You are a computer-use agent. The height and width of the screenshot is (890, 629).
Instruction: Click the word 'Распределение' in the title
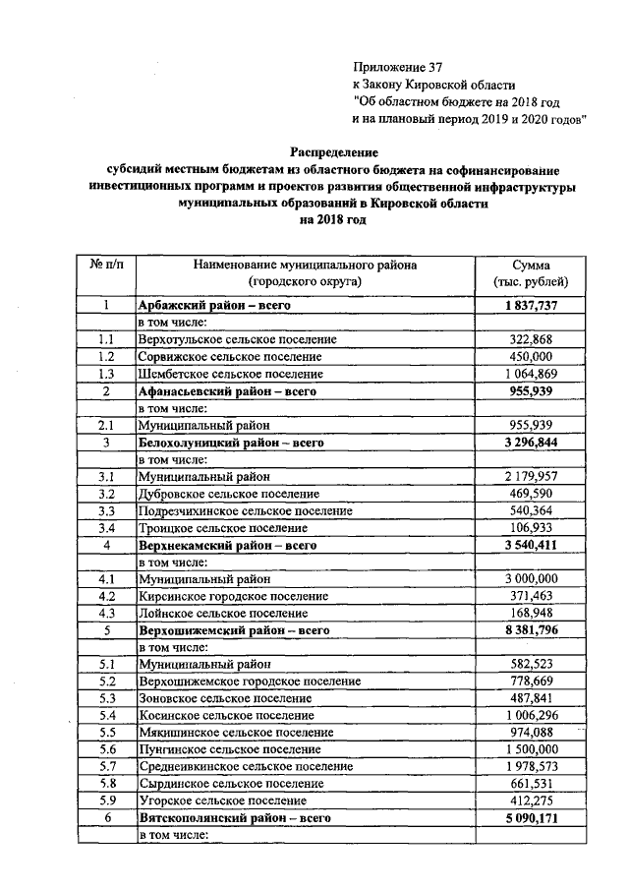[x=333, y=152]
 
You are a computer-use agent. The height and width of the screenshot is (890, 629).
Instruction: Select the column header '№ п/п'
[x=105, y=266]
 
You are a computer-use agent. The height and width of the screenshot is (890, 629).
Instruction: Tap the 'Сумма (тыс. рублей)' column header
[x=537, y=273]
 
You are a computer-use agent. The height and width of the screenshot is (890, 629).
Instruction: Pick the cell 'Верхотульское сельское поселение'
[x=237, y=339]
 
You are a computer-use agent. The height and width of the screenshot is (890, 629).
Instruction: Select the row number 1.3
[x=105, y=373]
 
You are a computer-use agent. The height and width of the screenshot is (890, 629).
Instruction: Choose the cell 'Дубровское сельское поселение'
[x=229, y=493]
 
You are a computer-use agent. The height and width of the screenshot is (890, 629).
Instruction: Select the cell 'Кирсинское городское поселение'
[x=232, y=595]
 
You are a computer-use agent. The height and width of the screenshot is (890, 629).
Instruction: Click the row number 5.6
[x=105, y=748]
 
